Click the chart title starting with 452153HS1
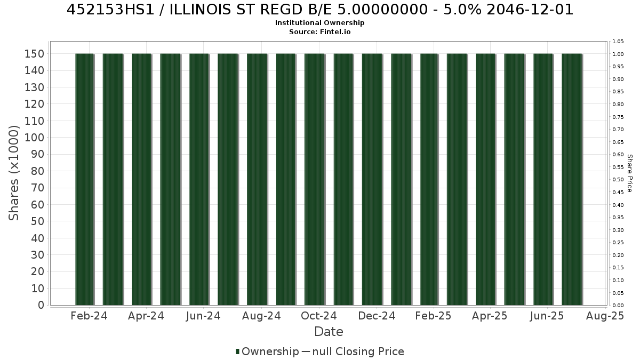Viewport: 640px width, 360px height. (x=320, y=10)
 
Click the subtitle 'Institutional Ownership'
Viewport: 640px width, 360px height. (x=319, y=23)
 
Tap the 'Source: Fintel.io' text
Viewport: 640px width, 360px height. (x=319, y=31)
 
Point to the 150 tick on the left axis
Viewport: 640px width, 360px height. (x=34, y=54)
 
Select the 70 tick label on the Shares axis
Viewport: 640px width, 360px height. (x=38, y=188)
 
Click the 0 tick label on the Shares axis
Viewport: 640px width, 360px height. (x=41, y=305)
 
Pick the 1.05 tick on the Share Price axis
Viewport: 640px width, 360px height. (x=618, y=42)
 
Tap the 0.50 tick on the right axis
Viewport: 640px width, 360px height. (x=618, y=180)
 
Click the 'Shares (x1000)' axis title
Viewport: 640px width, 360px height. (x=13, y=173)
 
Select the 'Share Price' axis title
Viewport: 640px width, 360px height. (x=630, y=173)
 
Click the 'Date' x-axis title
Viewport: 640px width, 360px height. (x=329, y=332)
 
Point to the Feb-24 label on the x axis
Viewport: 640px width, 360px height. (x=89, y=316)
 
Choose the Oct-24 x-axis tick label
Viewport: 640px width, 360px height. (x=319, y=316)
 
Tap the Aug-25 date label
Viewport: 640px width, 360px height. (x=605, y=316)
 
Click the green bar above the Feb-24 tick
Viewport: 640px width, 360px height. (x=85, y=179)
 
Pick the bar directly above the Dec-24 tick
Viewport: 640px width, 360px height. (x=372, y=179)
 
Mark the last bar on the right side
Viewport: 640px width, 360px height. (x=572, y=179)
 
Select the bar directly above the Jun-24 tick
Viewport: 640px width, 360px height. (x=199, y=179)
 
